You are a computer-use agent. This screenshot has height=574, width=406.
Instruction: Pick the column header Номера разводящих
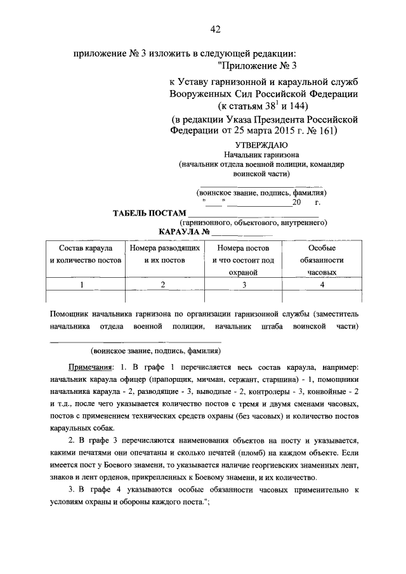click(x=165, y=249)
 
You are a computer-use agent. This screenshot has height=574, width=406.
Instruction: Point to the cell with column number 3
click(x=244, y=284)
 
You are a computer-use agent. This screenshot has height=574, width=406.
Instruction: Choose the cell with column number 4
click(x=322, y=284)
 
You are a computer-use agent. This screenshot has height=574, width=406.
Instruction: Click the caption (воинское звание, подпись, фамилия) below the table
click(x=156, y=349)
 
